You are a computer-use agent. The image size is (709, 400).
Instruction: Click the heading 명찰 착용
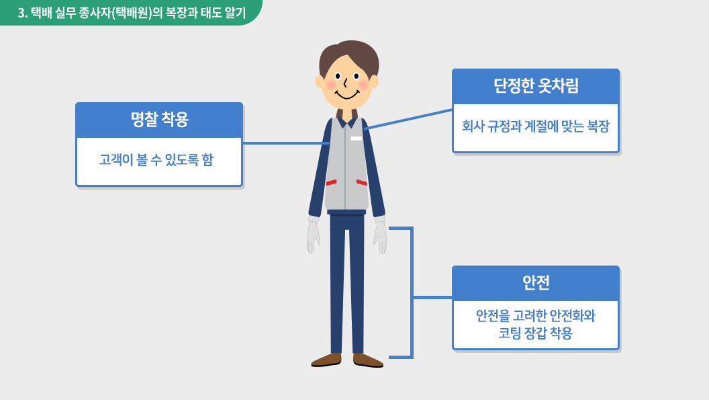click(x=159, y=119)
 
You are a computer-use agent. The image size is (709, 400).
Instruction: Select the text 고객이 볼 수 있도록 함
click(x=156, y=159)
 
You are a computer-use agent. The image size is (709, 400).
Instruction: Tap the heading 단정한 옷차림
click(x=536, y=85)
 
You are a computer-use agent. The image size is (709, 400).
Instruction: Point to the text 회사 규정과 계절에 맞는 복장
click(x=536, y=126)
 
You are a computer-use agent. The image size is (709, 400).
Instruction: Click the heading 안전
click(x=536, y=282)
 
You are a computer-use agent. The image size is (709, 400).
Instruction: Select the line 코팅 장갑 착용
click(x=536, y=333)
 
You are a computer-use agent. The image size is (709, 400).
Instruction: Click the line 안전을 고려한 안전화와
click(x=536, y=315)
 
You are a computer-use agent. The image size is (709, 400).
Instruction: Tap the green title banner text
click(x=132, y=13)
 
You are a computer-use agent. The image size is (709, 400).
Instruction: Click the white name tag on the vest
click(x=357, y=138)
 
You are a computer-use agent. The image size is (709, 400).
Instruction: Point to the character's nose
click(x=345, y=83)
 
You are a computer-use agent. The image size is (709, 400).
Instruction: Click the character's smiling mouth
click(x=347, y=95)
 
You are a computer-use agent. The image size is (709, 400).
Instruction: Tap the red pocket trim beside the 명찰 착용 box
click(x=332, y=183)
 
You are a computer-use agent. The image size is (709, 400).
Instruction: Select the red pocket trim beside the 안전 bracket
click(x=362, y=183)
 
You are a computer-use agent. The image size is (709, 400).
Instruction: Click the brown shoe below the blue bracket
click(x=368, y=360)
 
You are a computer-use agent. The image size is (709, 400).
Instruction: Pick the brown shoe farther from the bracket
click(x=326, y=360)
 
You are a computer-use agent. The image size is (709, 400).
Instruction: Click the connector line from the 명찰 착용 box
click(x=286, y=143)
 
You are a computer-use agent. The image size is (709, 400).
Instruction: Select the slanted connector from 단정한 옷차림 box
click(x=408, y=120)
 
